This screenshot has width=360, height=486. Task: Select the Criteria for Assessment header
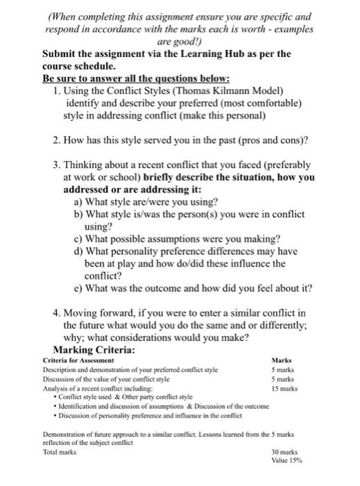tap(78, 361)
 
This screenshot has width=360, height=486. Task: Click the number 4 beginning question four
tap(56, 312)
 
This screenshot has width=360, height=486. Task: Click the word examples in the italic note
tap(292, 30)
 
